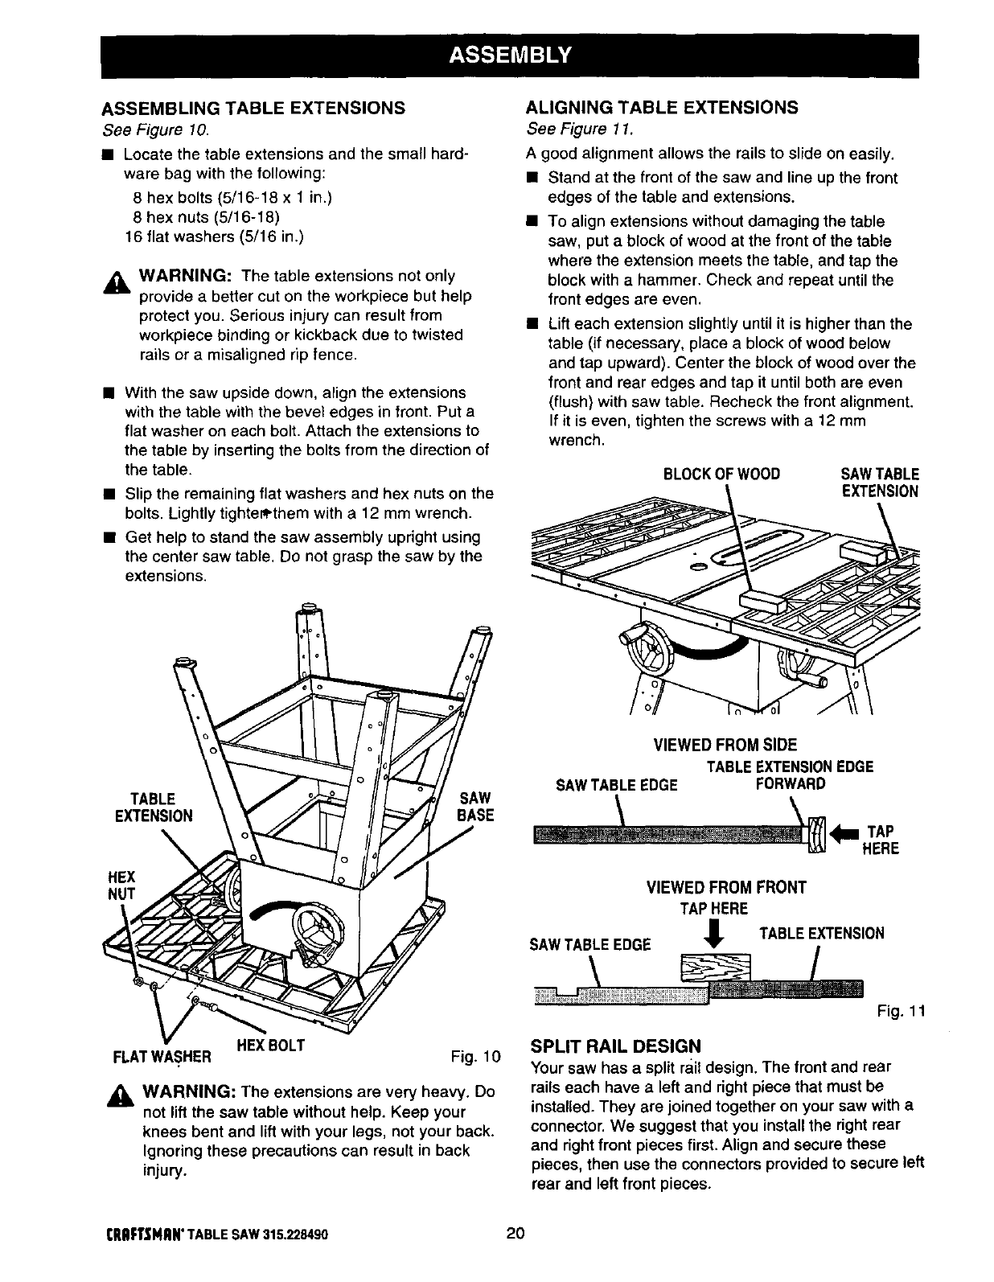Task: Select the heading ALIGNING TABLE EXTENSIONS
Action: click(x=661, y=108)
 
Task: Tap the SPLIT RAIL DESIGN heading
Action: click(x=615, y=1046)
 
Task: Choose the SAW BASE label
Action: click(x=475, y=807)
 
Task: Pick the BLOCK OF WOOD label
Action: click(x=721, y=474)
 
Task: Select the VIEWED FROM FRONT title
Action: click(x=725, y=888)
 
